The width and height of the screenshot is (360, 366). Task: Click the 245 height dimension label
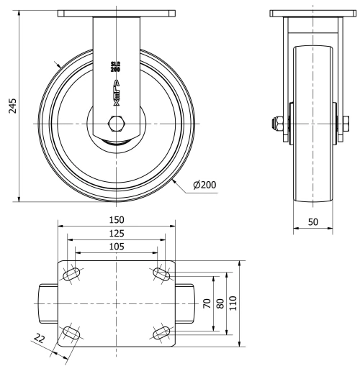click(x=12, y=105)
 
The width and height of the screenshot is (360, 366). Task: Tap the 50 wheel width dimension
click(x=313, y=222)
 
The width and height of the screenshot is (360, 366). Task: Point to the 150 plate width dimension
click(x=116, y=219)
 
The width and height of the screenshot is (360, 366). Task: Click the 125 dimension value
click(x=116, y=233)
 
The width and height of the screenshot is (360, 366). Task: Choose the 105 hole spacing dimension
click(x=116, y=247)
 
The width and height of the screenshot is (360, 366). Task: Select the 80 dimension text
click(x=220, y=303)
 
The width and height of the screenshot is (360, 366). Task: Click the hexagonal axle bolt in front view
click(x=116, y=124)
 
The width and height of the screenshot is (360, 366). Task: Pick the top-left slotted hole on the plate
click(x=72, y=275)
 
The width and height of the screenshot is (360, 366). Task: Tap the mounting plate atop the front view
click(x=116, y=14)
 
